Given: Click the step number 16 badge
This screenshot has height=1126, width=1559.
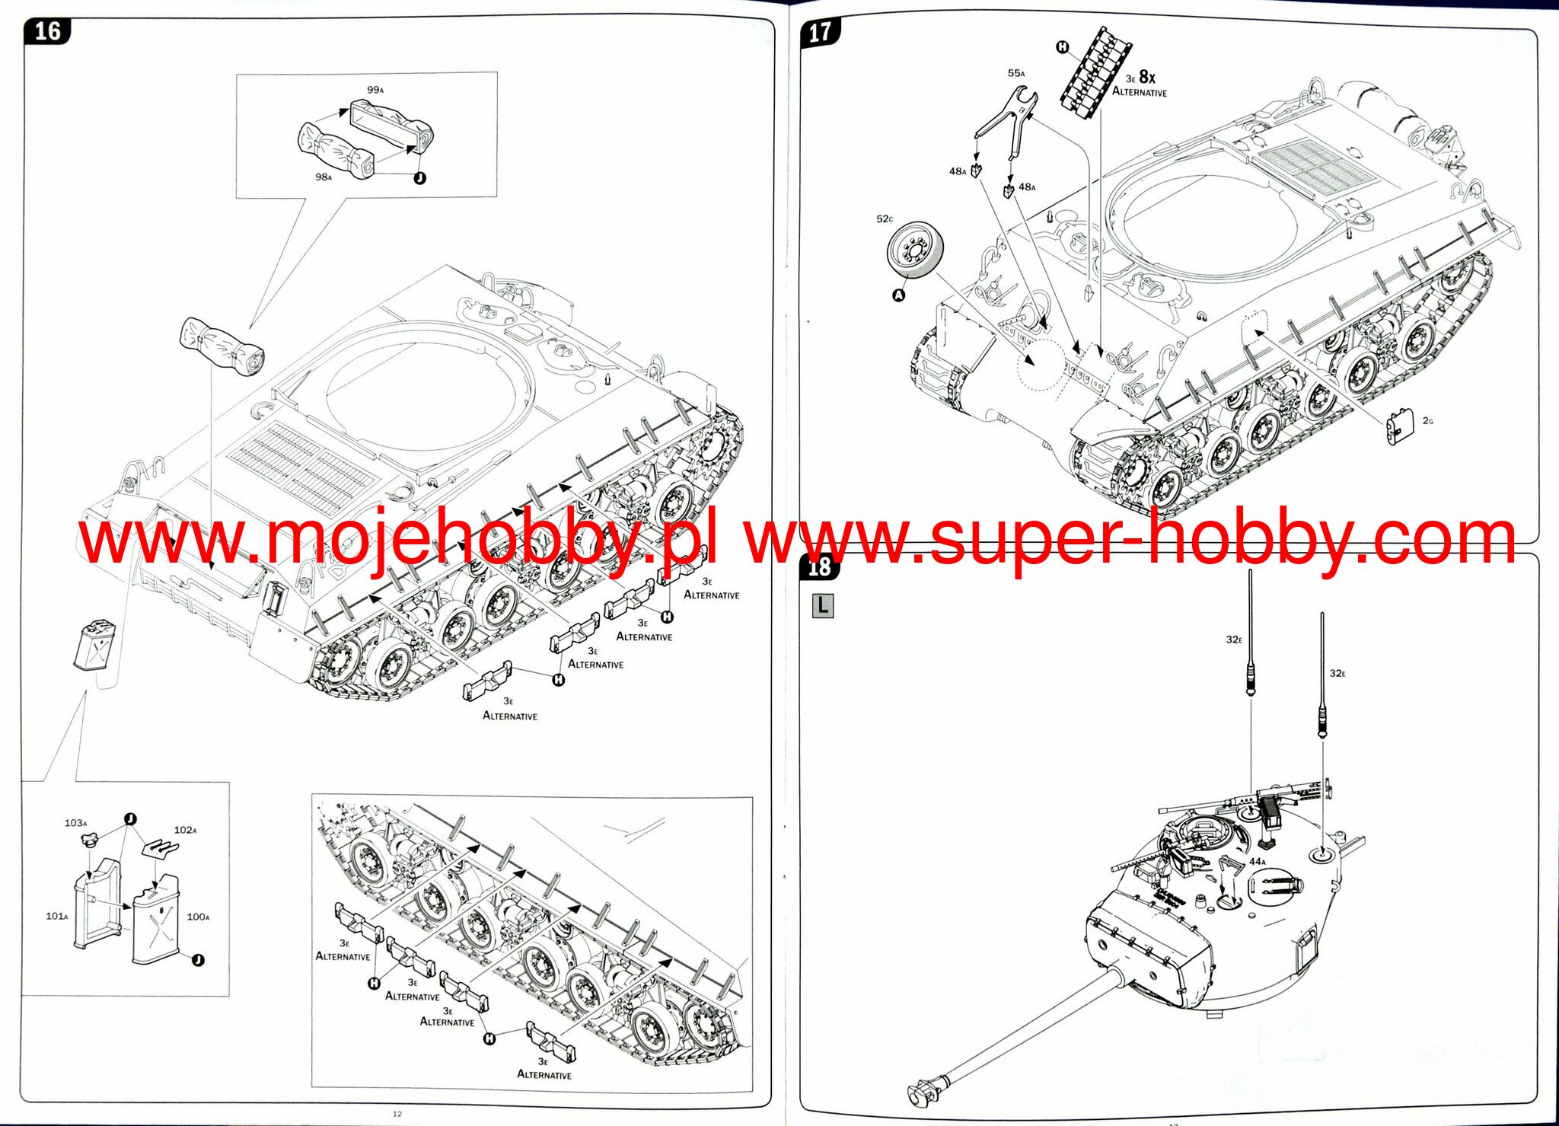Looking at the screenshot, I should coord(47,31).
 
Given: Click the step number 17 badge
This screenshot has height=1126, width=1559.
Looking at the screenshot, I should coord(820,33).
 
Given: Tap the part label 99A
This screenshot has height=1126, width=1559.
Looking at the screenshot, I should coord(375,90).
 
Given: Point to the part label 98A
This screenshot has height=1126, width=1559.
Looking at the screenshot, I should coord(324,177).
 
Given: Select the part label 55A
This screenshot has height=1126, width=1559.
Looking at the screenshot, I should coord(1016,73).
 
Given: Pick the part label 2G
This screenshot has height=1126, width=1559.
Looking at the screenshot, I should coord(1427,420).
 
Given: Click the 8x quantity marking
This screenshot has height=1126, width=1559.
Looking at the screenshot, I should coord(1147,77).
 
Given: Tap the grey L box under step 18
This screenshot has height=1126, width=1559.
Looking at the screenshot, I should coord(822,605).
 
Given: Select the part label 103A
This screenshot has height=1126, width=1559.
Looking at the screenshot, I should coord(75,823).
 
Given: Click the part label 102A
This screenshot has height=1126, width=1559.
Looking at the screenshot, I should coord(186,830).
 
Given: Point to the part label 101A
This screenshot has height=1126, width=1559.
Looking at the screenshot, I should coord(56,916).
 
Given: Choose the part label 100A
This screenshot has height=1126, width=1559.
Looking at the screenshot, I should coord(198,917).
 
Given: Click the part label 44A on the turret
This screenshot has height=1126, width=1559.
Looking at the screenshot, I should coord(1258,862).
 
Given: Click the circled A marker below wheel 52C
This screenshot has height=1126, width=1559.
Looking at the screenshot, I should coord(899,295).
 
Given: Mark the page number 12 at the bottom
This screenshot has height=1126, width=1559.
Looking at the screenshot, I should coord(397,1113).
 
